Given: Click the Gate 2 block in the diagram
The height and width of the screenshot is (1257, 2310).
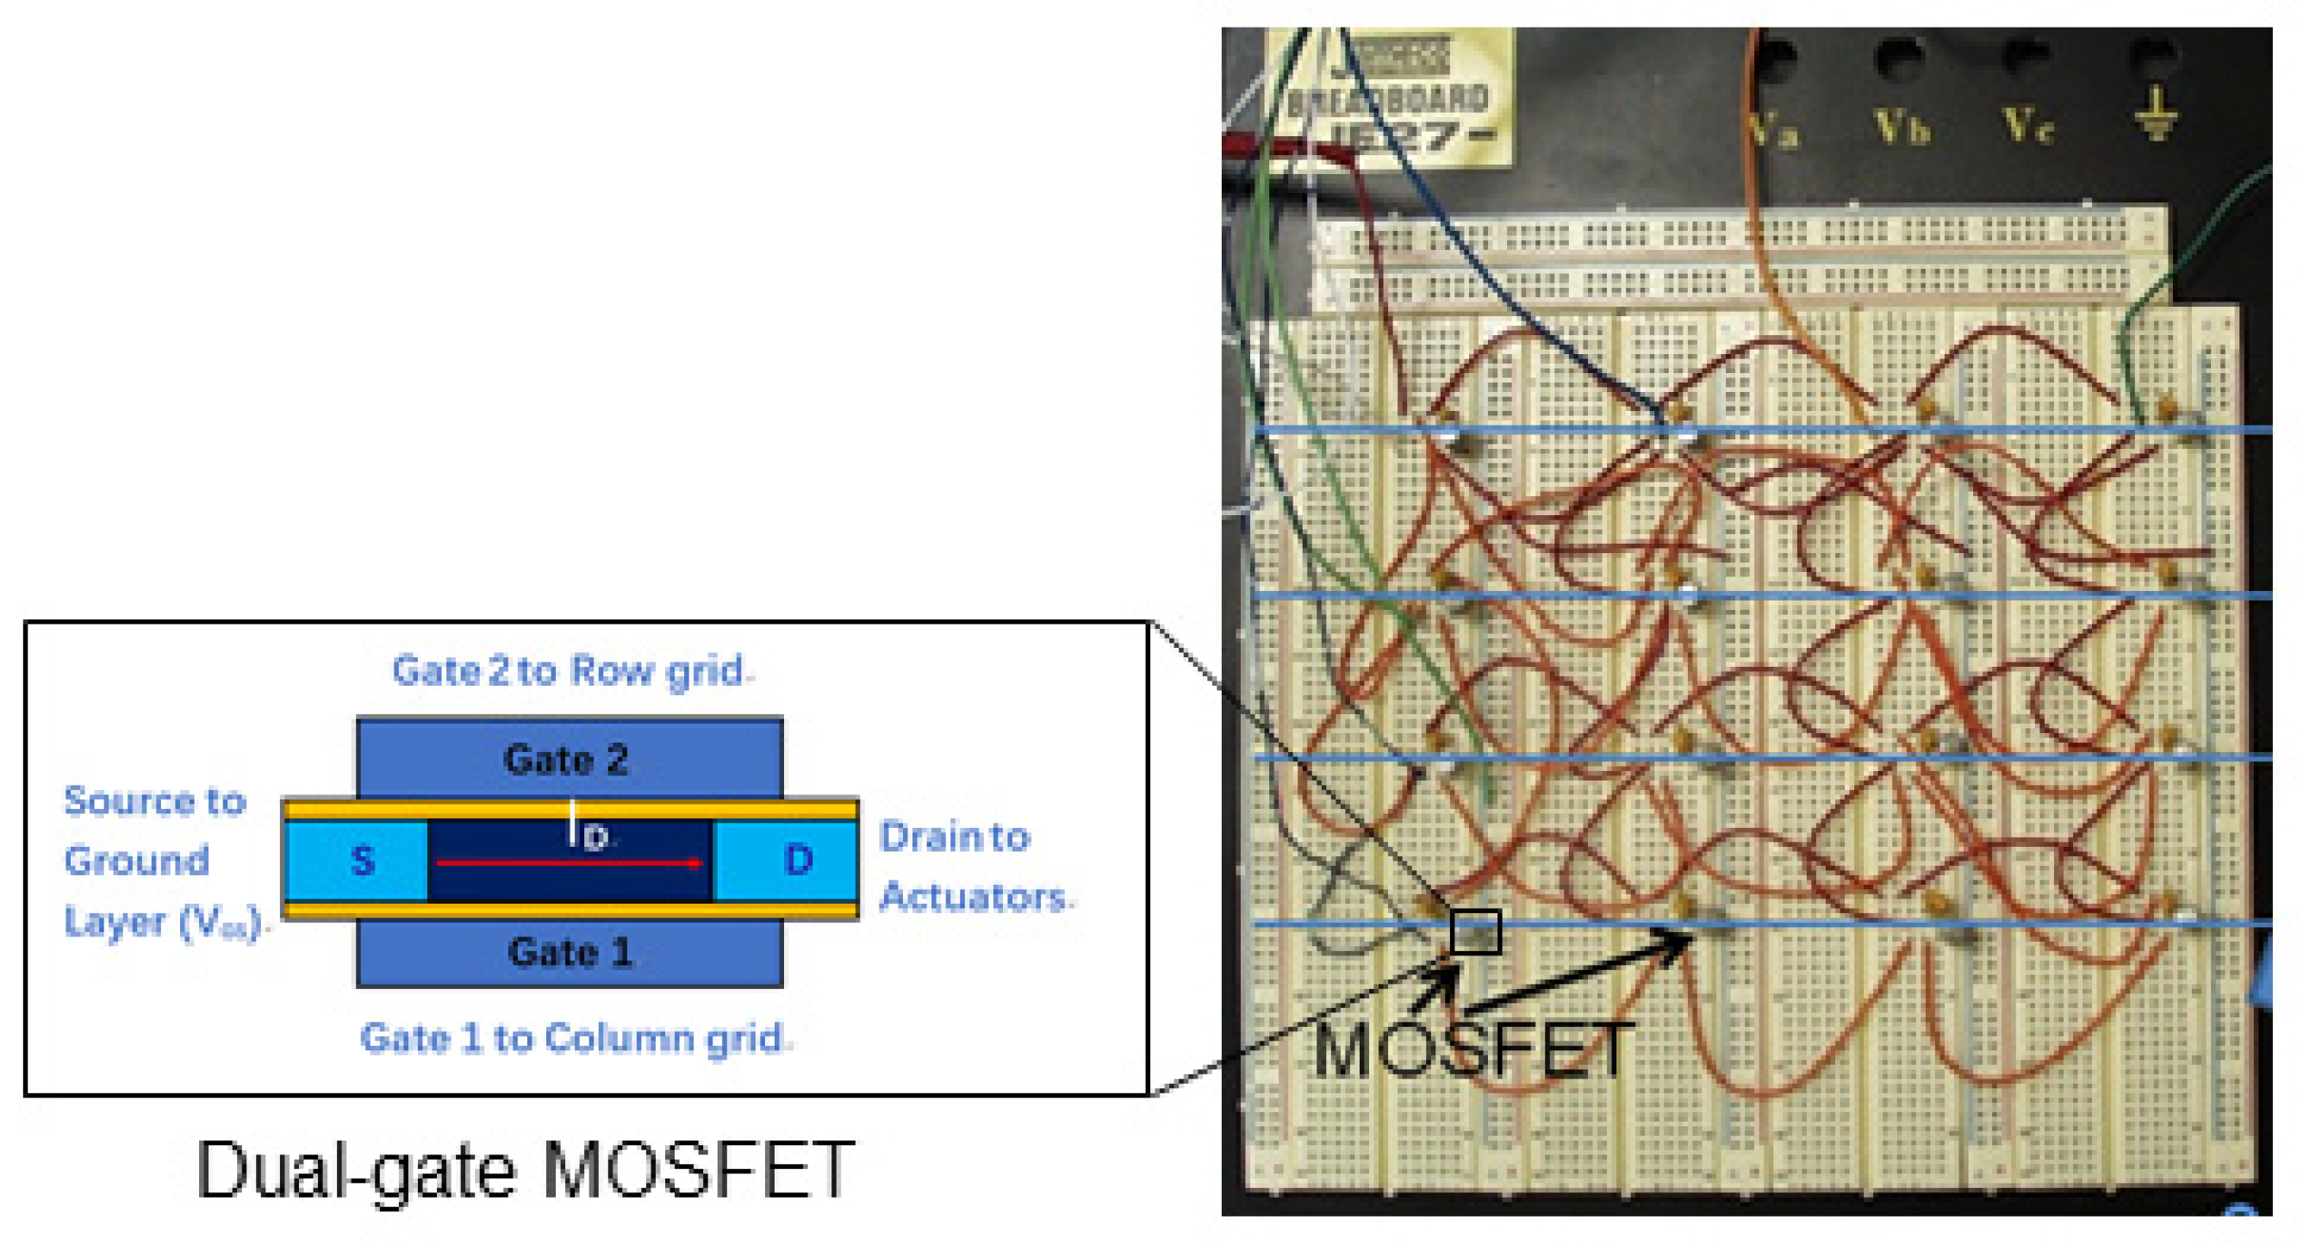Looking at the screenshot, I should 569,757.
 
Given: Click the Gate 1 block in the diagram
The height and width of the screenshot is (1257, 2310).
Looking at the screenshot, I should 569,952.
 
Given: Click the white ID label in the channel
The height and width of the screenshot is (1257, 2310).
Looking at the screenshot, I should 588,831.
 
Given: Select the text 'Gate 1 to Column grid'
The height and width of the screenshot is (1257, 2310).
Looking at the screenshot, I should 574,1038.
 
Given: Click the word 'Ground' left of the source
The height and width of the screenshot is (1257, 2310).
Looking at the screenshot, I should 136,861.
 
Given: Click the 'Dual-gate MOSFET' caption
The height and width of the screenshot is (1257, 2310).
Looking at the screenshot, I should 525,1170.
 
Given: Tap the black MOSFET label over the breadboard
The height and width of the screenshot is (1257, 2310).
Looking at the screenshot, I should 1471,1051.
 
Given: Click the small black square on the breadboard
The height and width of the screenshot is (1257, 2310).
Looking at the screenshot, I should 1475,932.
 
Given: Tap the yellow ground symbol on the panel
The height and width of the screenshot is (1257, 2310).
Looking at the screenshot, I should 2156,115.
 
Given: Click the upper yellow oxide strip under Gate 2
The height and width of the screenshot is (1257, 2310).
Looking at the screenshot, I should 570,810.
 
